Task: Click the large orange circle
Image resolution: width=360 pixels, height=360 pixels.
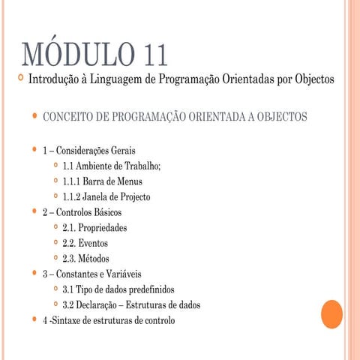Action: point(326,314)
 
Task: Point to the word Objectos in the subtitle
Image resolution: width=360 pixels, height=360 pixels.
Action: point(308,79)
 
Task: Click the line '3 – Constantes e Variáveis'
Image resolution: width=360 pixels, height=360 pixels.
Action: point(91,274)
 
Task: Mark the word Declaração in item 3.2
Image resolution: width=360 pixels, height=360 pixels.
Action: point(99,305)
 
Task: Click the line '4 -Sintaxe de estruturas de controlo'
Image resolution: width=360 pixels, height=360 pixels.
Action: point(109,320)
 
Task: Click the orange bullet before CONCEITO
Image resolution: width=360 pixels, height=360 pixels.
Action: point(34,116)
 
